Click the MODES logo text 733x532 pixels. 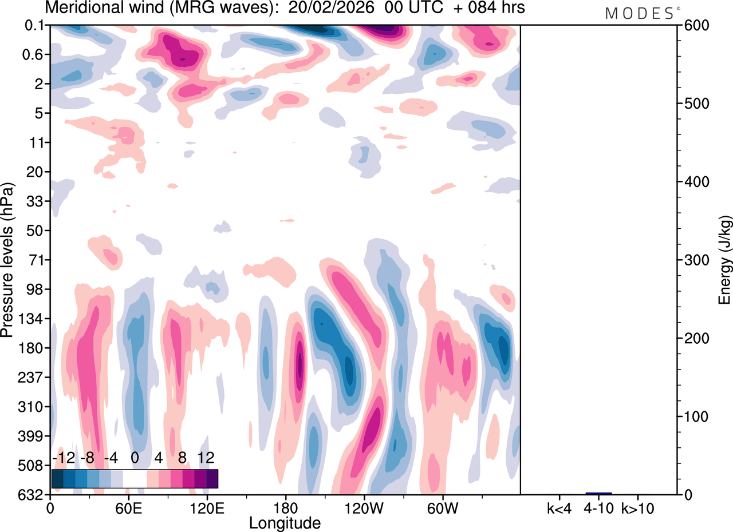[x=640, y=13]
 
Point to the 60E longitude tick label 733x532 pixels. [x=128, y=507]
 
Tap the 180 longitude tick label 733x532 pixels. [x=285, y=507]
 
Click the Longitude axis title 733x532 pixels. [x=285, y=522]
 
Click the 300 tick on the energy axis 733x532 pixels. [x=693, y=260]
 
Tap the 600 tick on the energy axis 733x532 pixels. [x=693, y=26]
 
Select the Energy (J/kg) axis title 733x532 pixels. [x=724, y=260]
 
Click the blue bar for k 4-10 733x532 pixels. [x=598, y=493]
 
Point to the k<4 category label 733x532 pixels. [x=559, y=507]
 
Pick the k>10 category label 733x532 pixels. [x=638, y=507]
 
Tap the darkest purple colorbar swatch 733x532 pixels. [x=212, y=478]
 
